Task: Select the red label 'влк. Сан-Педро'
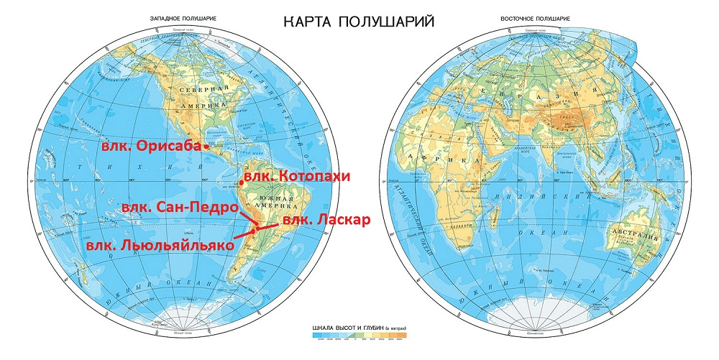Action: click(x=180, y=208)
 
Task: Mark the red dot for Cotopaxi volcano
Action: click(x=242, y=183)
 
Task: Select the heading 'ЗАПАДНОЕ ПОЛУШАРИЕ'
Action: click(x=179, y=18)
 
